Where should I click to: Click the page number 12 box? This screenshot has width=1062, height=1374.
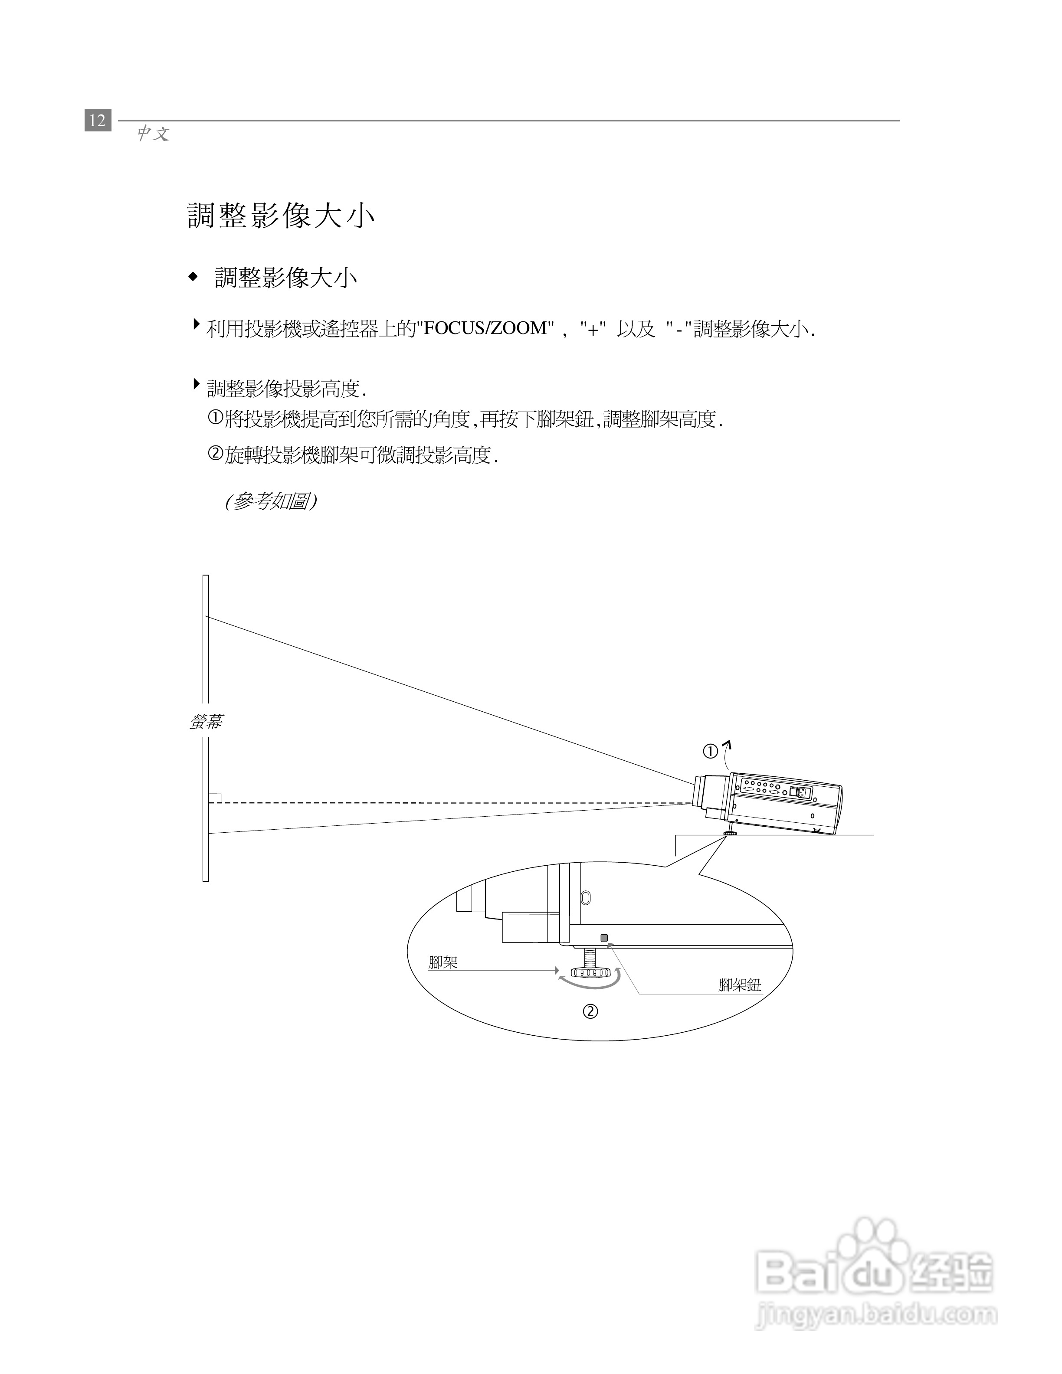tap(98, 120)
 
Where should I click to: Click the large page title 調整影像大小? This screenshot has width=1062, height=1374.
tap(281, 216)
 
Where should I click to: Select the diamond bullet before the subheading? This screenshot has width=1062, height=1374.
tap(193, 276)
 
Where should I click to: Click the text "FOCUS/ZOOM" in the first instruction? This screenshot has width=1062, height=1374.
tap(485, 328)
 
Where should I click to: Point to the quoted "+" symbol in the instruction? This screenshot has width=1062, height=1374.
tap(592, 328)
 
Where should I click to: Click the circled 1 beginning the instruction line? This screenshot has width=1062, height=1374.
tap(215, 419)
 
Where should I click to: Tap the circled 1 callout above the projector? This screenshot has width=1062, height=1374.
tap(710, 751)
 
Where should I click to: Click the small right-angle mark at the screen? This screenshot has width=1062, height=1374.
tap(215, 798)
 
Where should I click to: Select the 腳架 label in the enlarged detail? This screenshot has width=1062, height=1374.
tap(443, 962)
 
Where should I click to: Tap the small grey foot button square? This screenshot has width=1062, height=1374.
tap(605, 938)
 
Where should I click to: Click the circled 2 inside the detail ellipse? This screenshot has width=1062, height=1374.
tap(590, 1011)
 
